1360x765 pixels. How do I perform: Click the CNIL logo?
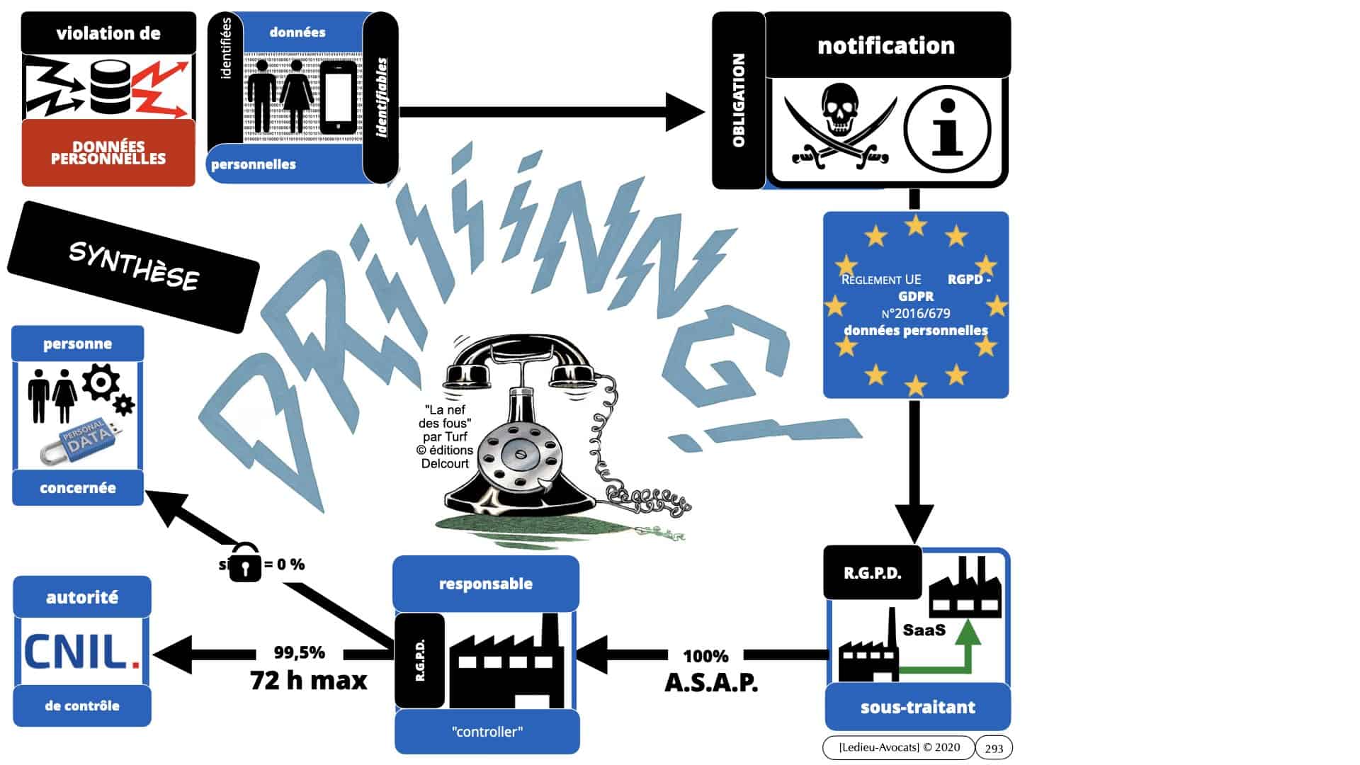[x=81, y=652]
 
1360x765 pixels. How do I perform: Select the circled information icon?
[x=947, y=128]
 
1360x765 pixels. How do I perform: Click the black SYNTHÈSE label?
[x=133, y=266]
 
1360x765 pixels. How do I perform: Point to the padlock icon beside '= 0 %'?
[x=245, y=562]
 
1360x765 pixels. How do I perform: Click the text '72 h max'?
[x=309, y=681]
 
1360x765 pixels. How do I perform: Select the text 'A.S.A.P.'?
[x=711, y=682]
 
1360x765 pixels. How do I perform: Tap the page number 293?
[x=994, y=748]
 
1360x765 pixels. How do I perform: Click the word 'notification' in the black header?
[x=886, y=45]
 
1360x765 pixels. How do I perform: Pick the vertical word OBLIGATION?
[x=739, y=100]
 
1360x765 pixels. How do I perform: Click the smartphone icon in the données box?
[x=339, y=98]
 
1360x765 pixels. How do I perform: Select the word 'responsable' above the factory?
[x=486, y=584]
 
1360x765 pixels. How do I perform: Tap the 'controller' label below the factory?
[x=487, y=732]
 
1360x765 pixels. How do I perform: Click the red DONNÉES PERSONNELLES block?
[x=108, y=153]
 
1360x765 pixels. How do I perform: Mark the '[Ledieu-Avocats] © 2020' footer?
[x=899, y=747]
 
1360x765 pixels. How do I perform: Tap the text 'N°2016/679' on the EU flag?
[x=916, y=313]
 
